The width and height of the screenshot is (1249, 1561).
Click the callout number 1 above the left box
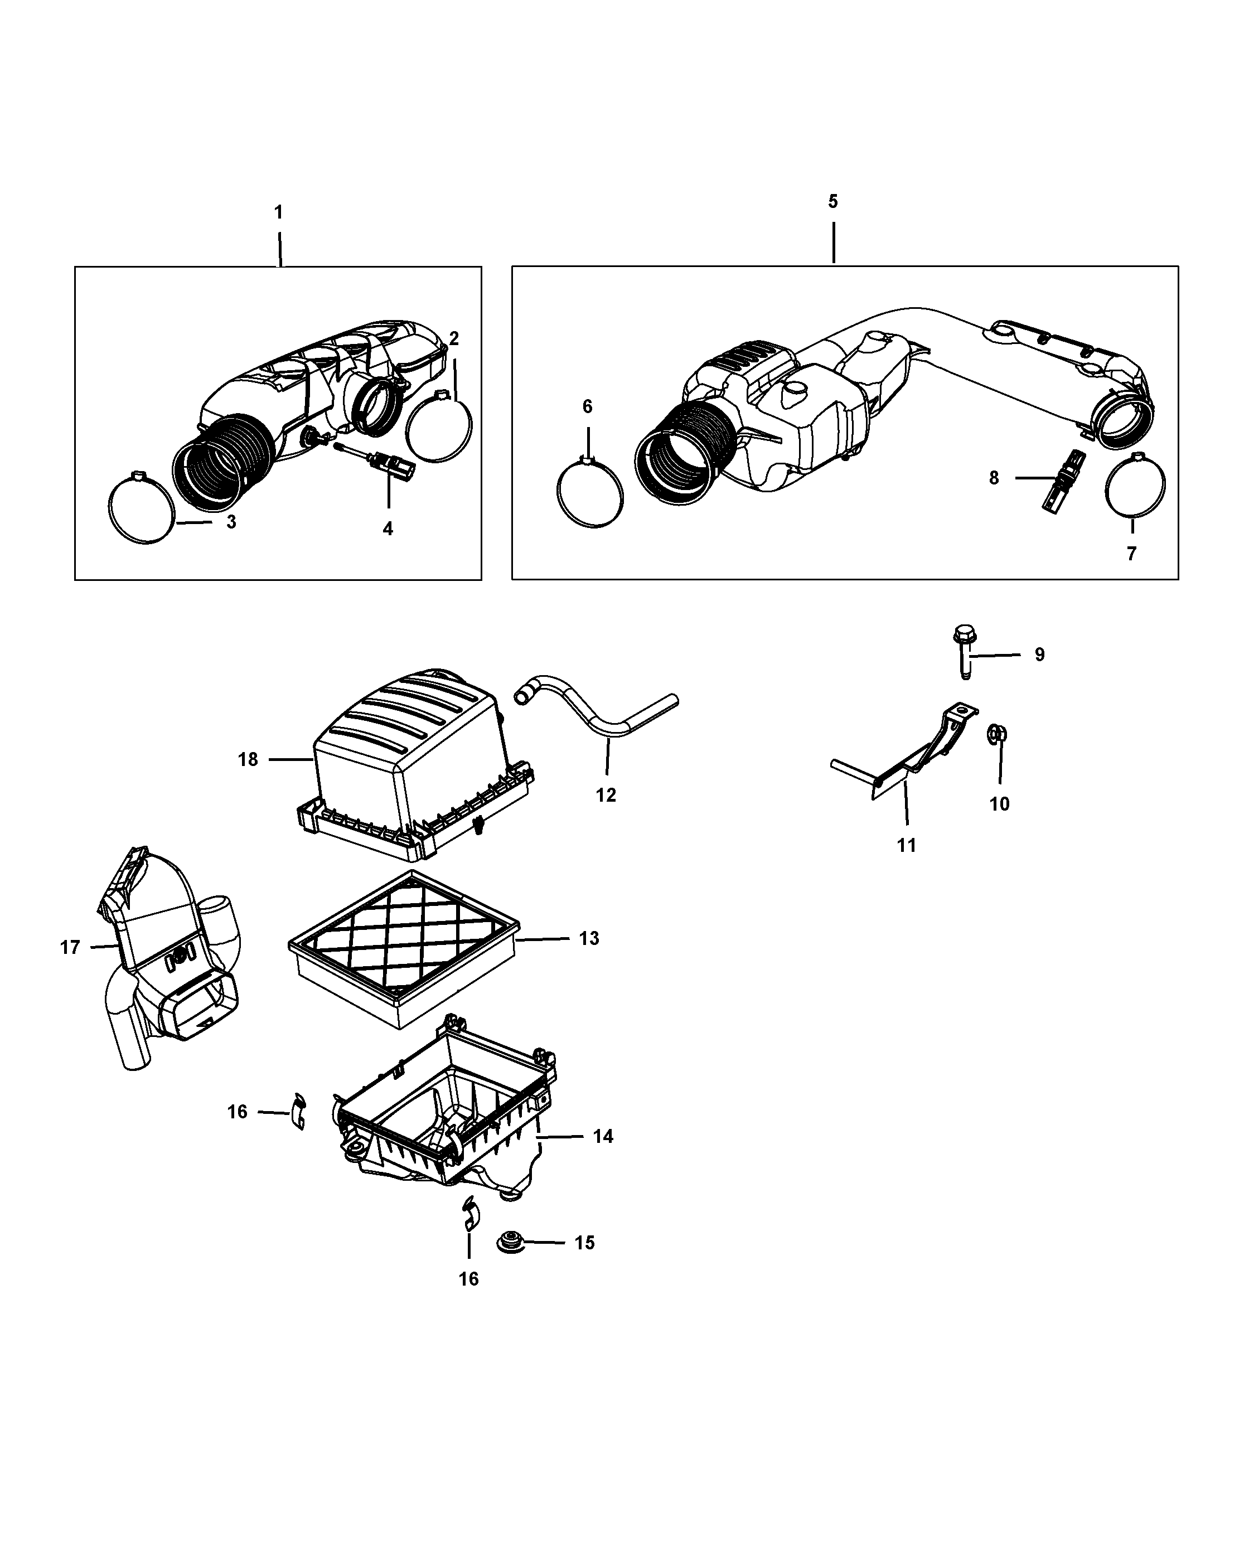pos(278,212)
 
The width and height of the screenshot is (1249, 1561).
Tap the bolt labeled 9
pos(962,651)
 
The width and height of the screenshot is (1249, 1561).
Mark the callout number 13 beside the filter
pos(589,938)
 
